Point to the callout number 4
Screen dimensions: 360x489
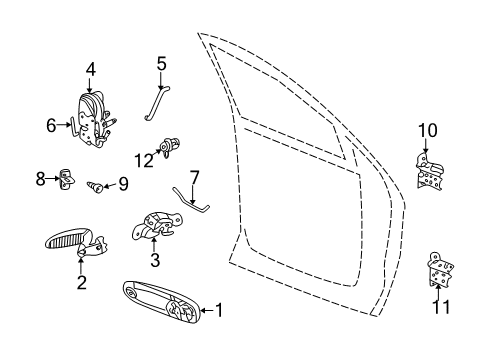[x=90, y=69]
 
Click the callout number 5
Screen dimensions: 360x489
[x=162, y=66]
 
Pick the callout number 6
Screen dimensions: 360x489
[x=52, y=125]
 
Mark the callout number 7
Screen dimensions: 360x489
[x=194, y=177]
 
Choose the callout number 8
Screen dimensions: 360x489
[x=41, y=179]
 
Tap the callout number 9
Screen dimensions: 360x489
[x=124, y=183]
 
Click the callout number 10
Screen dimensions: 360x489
[x=427, y=129]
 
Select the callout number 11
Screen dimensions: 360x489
[x=437, y=306]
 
